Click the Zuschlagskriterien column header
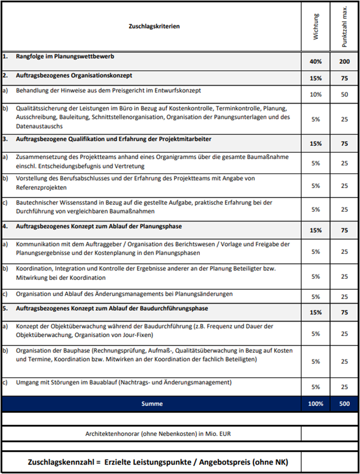(x=154, y=26)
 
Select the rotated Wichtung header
(x=316, y=27)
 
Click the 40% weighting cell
(x=316, y=61)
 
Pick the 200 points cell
(x=344, y=61)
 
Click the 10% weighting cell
(x=316, y=94)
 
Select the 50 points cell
(x=344, y=94)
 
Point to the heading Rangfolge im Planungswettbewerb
(x=65, y=56)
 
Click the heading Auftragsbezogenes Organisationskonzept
(x=74, y=75)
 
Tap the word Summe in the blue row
(x=152, y=404)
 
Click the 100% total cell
(x=316, y=404)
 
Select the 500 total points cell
(x=344, y=404)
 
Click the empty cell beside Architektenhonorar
(x=329, y=434)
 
